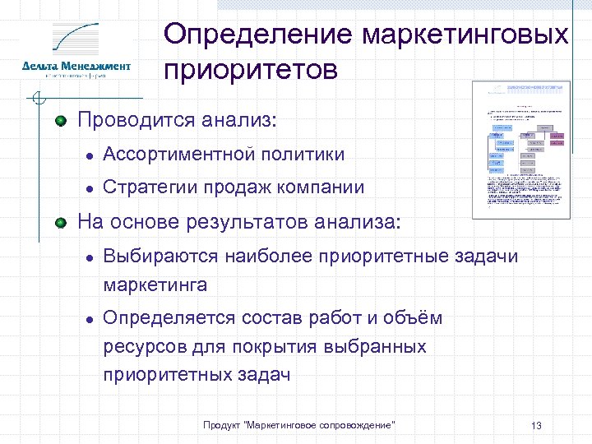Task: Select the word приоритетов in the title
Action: click(251, 71)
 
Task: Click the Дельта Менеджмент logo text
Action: click(76, 66)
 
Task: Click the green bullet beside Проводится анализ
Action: click(61, 122)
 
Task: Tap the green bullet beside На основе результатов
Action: click(61, 221)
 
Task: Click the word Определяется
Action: click(169, 318)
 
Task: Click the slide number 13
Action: click(536, 425)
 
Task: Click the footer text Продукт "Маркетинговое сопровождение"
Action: click(298, 424)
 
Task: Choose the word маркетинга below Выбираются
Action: click(155, 285)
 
